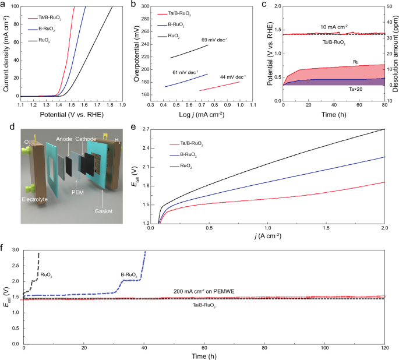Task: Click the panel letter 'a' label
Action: (x=4, y=5)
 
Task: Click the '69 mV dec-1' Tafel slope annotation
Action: (x=215, y=40)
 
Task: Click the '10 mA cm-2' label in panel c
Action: (x=333, y=27)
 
